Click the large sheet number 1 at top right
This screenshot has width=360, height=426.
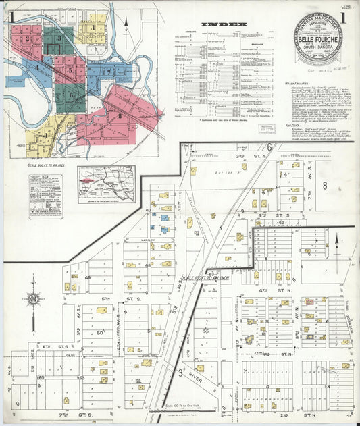[x=343, y=18]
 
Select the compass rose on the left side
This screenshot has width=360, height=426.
[x=32, y=298]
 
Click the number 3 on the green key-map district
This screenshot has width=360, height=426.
[x=59, y=38]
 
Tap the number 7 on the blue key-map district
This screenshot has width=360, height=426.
[x=107, y=70]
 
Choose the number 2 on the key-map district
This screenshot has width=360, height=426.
[x=28, y=38]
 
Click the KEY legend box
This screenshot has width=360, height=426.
[x=45, y=194]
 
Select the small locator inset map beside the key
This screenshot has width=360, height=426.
[x=105, y=184]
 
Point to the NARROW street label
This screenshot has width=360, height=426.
[x=147, y=240]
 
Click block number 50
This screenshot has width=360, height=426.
[x=100, y=332]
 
